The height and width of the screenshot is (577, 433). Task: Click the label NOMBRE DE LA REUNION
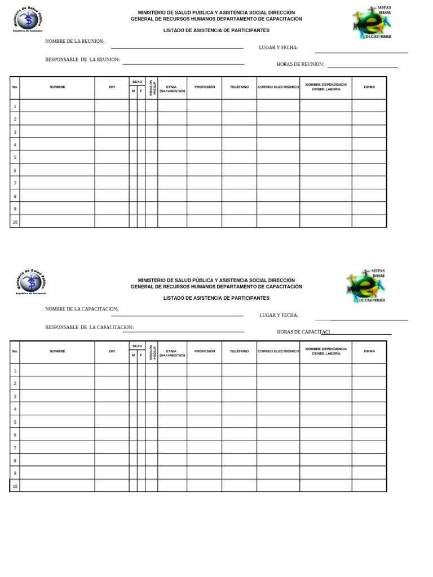(74, 42)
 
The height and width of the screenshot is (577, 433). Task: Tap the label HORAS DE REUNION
(300, 64)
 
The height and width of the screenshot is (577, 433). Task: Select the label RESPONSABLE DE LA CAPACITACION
(89, 327)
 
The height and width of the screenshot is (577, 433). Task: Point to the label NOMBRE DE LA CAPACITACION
(82, 309)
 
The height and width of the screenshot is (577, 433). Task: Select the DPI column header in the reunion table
(112, 87)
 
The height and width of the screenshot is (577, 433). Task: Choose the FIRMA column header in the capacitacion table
(369, 351)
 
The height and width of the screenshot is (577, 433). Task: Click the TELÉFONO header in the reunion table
(239, 87)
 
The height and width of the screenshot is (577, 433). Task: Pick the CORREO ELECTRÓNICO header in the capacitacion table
(278, 351)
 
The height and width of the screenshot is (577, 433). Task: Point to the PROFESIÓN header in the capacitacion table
(204, 351)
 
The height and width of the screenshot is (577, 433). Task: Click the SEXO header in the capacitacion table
(137, 346)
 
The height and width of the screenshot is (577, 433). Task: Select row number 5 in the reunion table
(15, 158)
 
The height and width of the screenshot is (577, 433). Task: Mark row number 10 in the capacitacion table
(15, 486)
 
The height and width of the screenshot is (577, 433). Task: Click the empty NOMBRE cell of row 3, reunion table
(57, 132)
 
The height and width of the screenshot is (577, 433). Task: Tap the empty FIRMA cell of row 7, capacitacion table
(369, 447)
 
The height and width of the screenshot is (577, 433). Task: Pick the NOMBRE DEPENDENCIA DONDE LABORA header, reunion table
(326, 87)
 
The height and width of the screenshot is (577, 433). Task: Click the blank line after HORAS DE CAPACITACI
(361, 334)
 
